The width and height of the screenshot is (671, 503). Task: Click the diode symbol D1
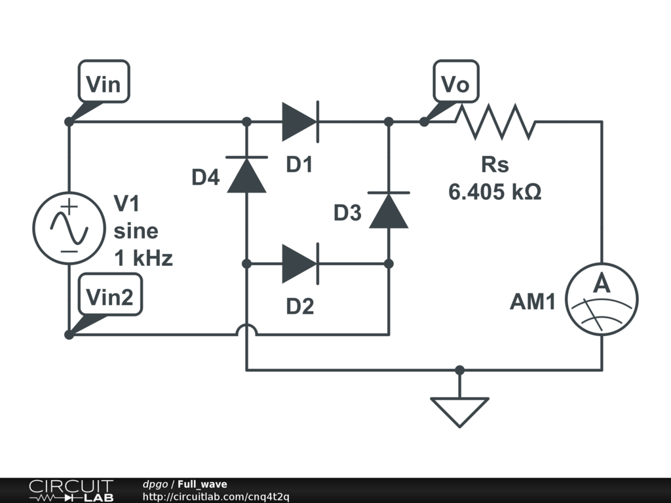click(x=300, y=122)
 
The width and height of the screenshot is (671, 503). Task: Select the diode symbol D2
click(x=300, y=264)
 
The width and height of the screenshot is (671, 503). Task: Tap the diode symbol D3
click(x=389, y=210)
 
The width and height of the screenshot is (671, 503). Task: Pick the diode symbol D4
click(x=246, y=174)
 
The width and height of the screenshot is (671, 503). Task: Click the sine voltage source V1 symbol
click(x=69, y=228)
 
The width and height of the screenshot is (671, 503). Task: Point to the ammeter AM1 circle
click(x=602, y=299)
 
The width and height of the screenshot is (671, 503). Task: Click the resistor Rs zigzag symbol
click(x=495, y=122)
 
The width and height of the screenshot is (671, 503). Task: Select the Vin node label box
click(x=104, y=81)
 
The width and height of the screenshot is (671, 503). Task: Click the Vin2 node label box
click(x=110, y=294)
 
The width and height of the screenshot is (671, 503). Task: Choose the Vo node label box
click(x=456, y=81)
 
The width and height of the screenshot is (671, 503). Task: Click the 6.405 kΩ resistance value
click(x=495, y=192)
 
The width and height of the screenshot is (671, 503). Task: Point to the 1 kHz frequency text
click(x=144, y=258)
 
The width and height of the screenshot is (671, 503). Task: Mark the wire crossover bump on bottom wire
click(x=246, y=330)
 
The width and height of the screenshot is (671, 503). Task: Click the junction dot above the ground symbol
click(x=459, y=370)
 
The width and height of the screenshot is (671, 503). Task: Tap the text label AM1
click(x=533, y=301)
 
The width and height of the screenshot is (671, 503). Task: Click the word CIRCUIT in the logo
click(x=71, y=487)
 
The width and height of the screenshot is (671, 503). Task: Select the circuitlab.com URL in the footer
click(x=216, y=496)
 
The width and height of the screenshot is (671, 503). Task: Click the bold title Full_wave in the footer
click(x=202, y=485)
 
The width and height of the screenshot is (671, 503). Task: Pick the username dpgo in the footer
click(x=155, y=485)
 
